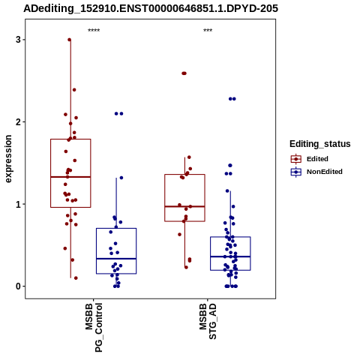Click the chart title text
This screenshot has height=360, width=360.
151,8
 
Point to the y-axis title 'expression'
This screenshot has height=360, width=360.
8,159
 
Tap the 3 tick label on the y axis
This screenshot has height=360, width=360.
18,40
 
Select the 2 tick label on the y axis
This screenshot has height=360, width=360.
18,121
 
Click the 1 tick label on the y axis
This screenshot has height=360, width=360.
18,204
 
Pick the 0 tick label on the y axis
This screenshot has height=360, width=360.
18,286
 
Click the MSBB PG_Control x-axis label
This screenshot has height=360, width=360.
94,328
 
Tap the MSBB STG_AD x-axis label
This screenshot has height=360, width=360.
208,321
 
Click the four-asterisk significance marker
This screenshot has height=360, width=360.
94,31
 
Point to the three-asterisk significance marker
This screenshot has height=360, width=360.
208,31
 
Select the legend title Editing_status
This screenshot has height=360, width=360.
320,144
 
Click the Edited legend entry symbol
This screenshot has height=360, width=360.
296,159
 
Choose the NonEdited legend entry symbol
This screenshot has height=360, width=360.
296,172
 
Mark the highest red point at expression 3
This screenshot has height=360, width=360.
70,40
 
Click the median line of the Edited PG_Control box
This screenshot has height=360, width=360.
70,177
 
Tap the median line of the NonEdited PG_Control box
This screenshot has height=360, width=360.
116,259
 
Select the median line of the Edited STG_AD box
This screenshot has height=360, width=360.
184,206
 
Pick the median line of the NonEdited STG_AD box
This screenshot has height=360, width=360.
230,256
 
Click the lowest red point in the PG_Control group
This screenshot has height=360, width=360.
76,278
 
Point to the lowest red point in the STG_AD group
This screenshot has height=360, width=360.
186,267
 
